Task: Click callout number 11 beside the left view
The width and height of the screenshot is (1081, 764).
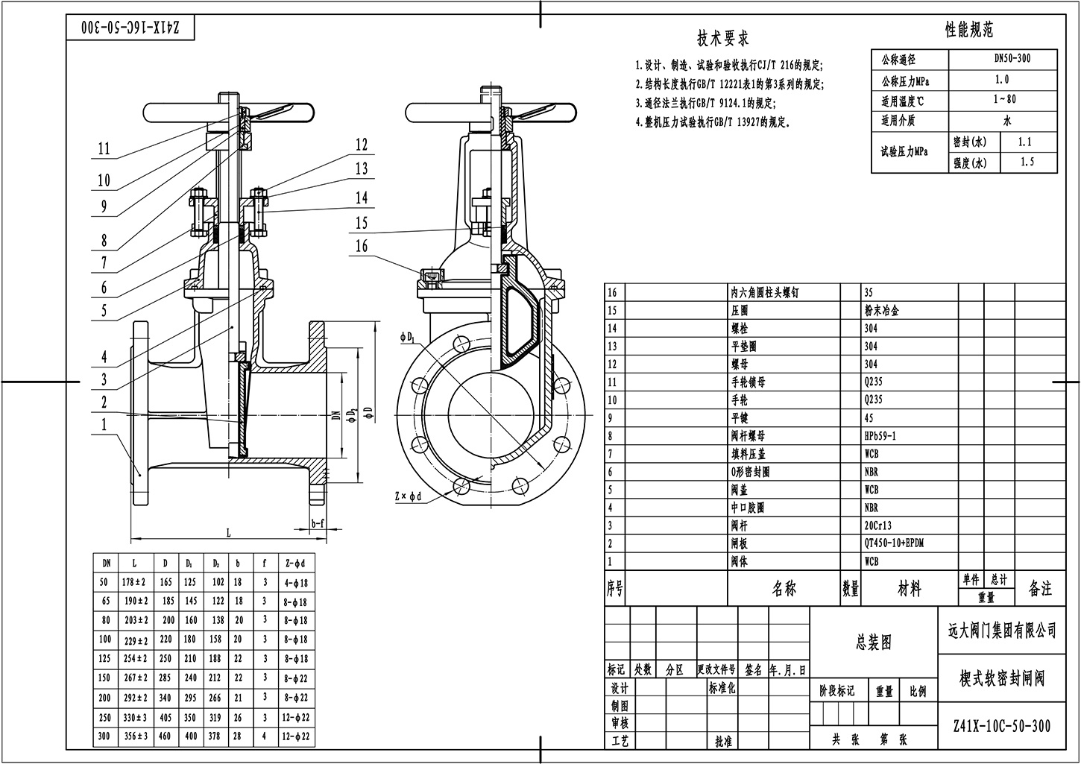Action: pyautogui.click(x=104, y=149)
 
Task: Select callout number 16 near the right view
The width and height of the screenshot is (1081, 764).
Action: pyautogui.click(x=361, y=246)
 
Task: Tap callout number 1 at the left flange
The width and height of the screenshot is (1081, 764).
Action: pyautogui.click(x=104, y=425)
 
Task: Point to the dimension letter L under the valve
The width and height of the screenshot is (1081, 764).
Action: pyautogui.click(x=228, y=532)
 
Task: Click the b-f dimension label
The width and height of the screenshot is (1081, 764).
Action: pyautogui.click(x=318, y=523)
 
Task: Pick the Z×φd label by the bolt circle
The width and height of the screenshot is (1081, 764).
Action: pyautogui.click(x=409, y=495)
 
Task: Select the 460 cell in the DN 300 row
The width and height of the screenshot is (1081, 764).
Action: pyautogui.click(x=166, y=736)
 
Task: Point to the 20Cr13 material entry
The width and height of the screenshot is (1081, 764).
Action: pyautogui.click(x=877, y=525)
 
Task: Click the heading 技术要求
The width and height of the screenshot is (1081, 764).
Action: pyautogui.click(x=722, y=38)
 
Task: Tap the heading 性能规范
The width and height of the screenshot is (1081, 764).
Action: pyautogui.click(x=968, y=30)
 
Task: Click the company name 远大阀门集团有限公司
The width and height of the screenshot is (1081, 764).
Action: pyautogui.click(x=997, y=631)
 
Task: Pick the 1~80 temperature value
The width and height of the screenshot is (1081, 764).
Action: pyautogui.click(x=1004, y=99)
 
